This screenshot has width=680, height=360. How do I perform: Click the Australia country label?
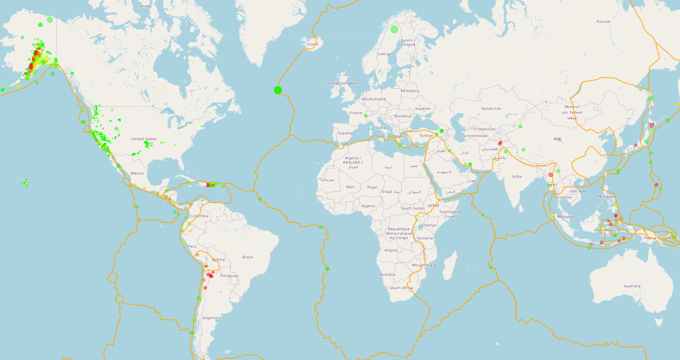click(632, 286)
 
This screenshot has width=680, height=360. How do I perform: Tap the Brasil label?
click(248, 257)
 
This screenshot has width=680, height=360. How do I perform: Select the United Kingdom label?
click(343, 83)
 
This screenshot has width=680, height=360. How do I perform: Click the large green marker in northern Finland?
click(394, 29)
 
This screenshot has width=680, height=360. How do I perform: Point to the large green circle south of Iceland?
click(278, 90)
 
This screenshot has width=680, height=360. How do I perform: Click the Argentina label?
click(212, 318)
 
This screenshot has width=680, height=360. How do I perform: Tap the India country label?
click(517, 176)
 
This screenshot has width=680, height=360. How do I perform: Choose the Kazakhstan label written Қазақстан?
click(491, 109)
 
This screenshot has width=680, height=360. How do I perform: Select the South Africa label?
click(401, 288)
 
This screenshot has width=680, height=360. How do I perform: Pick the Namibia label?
click(387, 274)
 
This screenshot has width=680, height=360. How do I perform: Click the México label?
click(137, 174)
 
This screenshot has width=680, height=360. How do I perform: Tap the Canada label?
click(144, 6)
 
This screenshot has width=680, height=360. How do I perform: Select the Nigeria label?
click(368, 206)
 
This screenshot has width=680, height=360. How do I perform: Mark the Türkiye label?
click(426, 135)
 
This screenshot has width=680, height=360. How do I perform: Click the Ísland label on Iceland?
click(312, 44)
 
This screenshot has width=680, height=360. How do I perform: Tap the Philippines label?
click(608, 197)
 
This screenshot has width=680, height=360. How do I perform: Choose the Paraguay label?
click(229, 275)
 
